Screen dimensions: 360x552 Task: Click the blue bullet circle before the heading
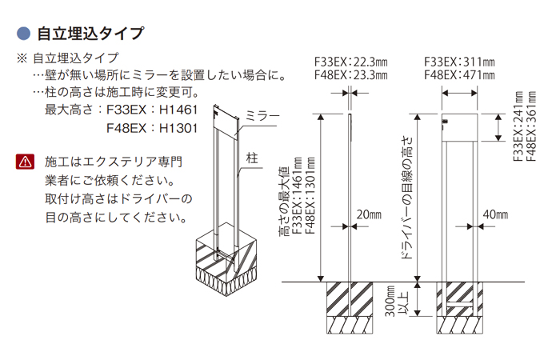click(x=23, y=34)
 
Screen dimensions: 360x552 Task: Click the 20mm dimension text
click(x=370, y=214)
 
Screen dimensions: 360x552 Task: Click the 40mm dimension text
click(x=495, y=214)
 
